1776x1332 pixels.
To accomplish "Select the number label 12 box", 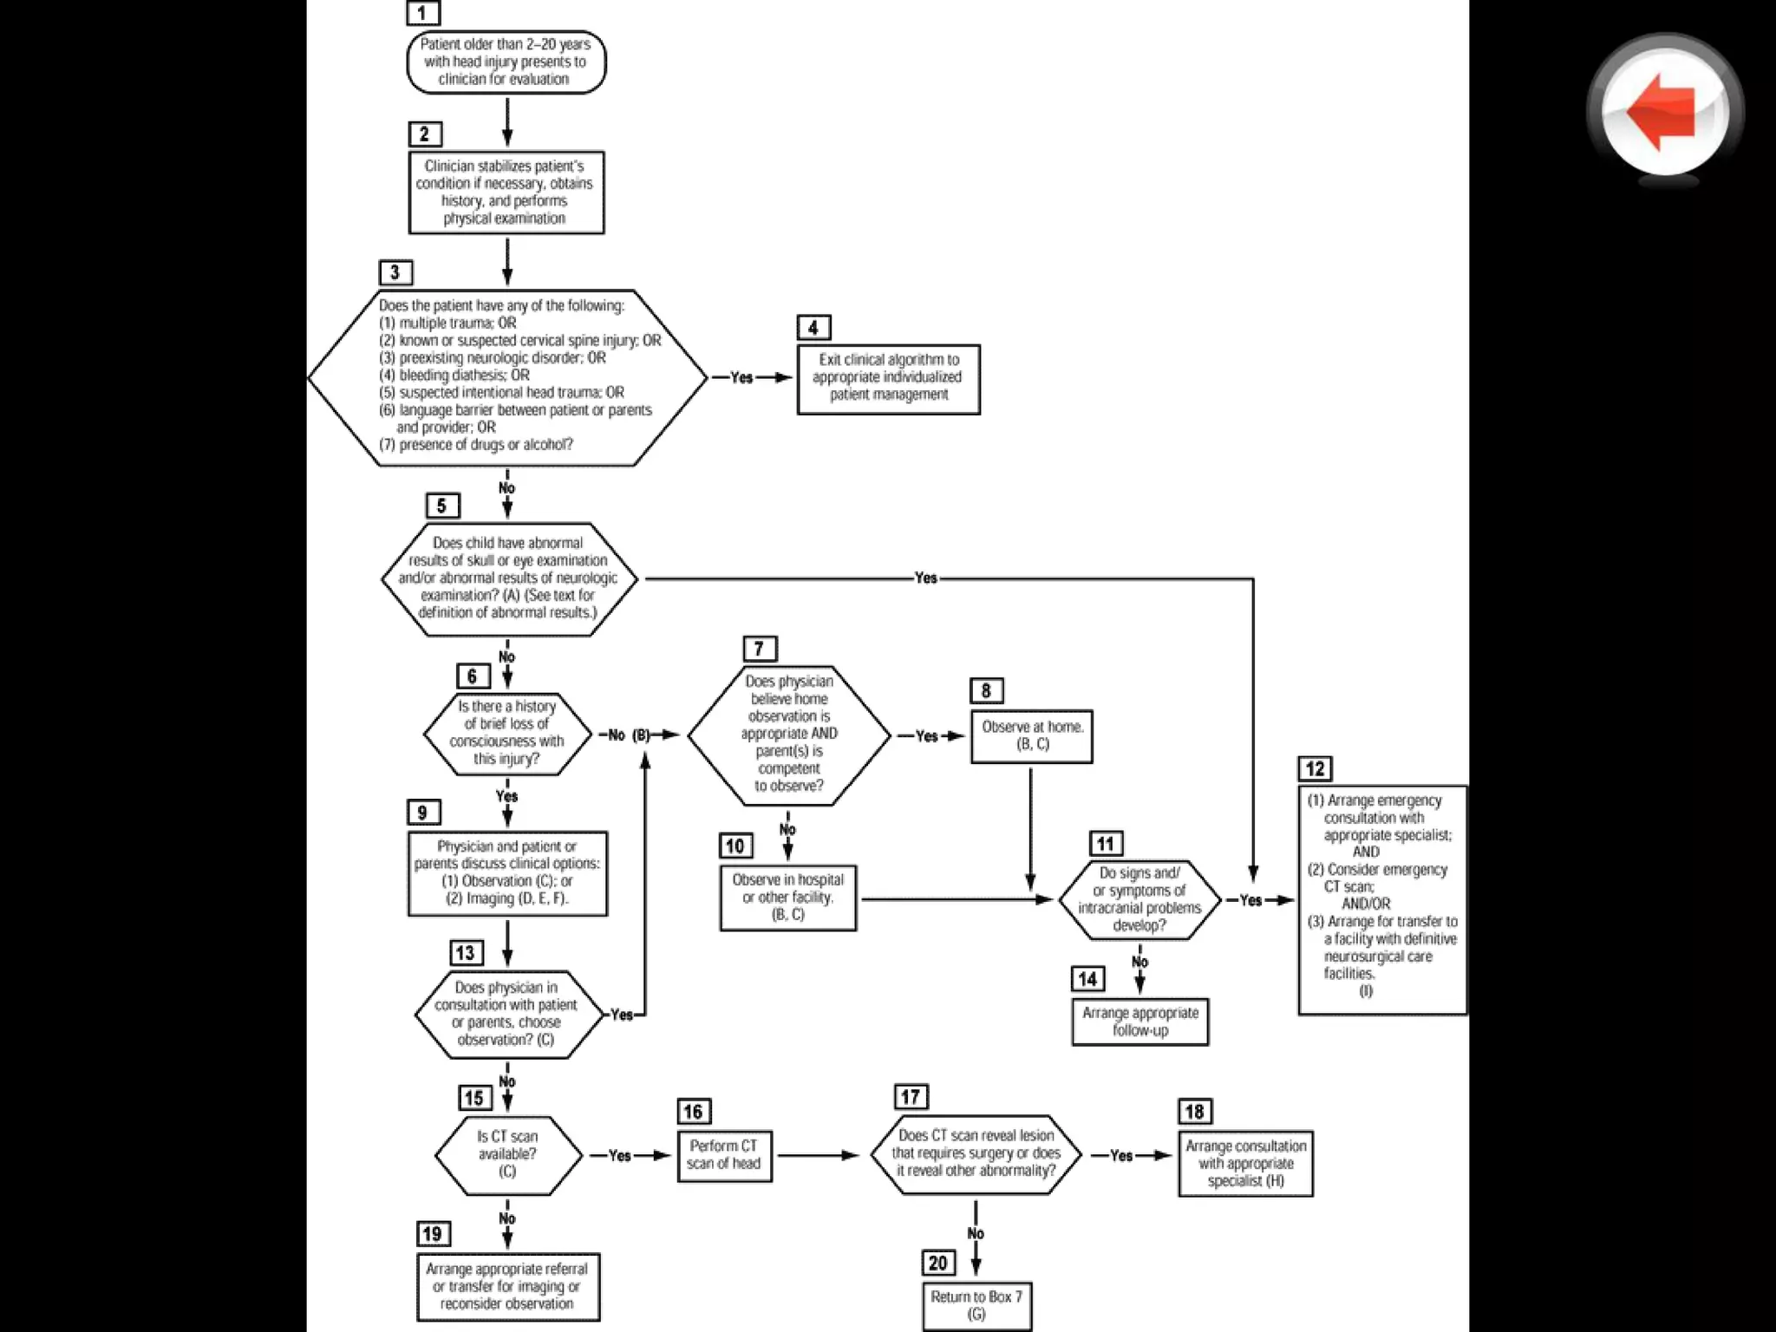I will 1315,768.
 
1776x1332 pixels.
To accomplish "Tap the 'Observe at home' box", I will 1031,736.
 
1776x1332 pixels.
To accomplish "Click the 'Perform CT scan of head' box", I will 724,1155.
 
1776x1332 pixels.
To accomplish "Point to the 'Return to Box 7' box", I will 976,1305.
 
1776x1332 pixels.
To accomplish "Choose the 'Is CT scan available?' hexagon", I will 507,1154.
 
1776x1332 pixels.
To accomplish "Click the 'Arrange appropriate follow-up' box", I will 1139,1022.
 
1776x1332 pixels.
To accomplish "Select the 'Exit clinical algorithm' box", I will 888,378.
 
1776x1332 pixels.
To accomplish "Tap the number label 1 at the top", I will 422,12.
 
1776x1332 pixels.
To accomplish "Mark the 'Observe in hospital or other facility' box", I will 787,898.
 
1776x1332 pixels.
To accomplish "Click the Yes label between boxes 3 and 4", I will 741,377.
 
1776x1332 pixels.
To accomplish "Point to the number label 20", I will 937,1263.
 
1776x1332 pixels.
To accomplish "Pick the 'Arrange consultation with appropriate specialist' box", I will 1245,1164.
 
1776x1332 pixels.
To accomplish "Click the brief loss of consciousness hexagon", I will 507,734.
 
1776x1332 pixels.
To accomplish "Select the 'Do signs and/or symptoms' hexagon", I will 1139,899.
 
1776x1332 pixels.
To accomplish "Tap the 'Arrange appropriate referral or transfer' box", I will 507,1287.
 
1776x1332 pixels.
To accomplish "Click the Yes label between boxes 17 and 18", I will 1121,1155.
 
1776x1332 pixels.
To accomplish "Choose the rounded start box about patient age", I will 506,62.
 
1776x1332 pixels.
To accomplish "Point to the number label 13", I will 465,952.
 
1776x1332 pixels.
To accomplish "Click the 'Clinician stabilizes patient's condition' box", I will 506,193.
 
